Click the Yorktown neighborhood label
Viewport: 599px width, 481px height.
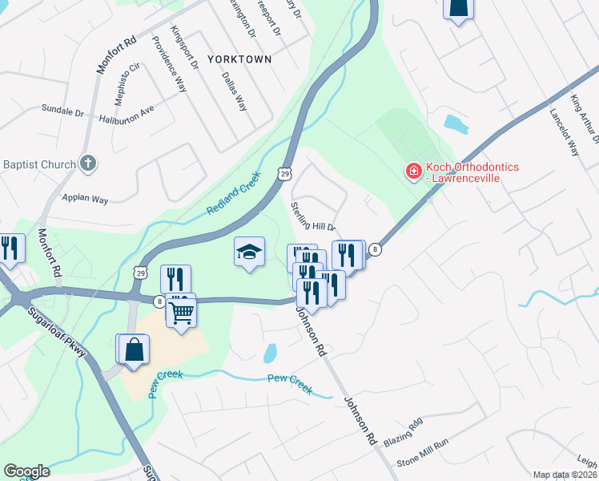pyautogui.click(x=239, y=59)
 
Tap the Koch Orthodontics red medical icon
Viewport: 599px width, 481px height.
pyautogui.click(x=413, y=172)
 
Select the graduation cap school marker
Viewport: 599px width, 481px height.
pyautogui.click(x=249, y=253)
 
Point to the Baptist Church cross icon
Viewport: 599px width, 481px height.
pyautogui.click(x=88, y=164)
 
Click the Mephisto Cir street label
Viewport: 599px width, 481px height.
pyautogui.click(x=131, y=75)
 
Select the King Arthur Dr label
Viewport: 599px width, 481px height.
pyautogui.click(x=585, y=115)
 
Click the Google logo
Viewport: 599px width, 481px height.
pyautogui.click(x=26, y=471)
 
